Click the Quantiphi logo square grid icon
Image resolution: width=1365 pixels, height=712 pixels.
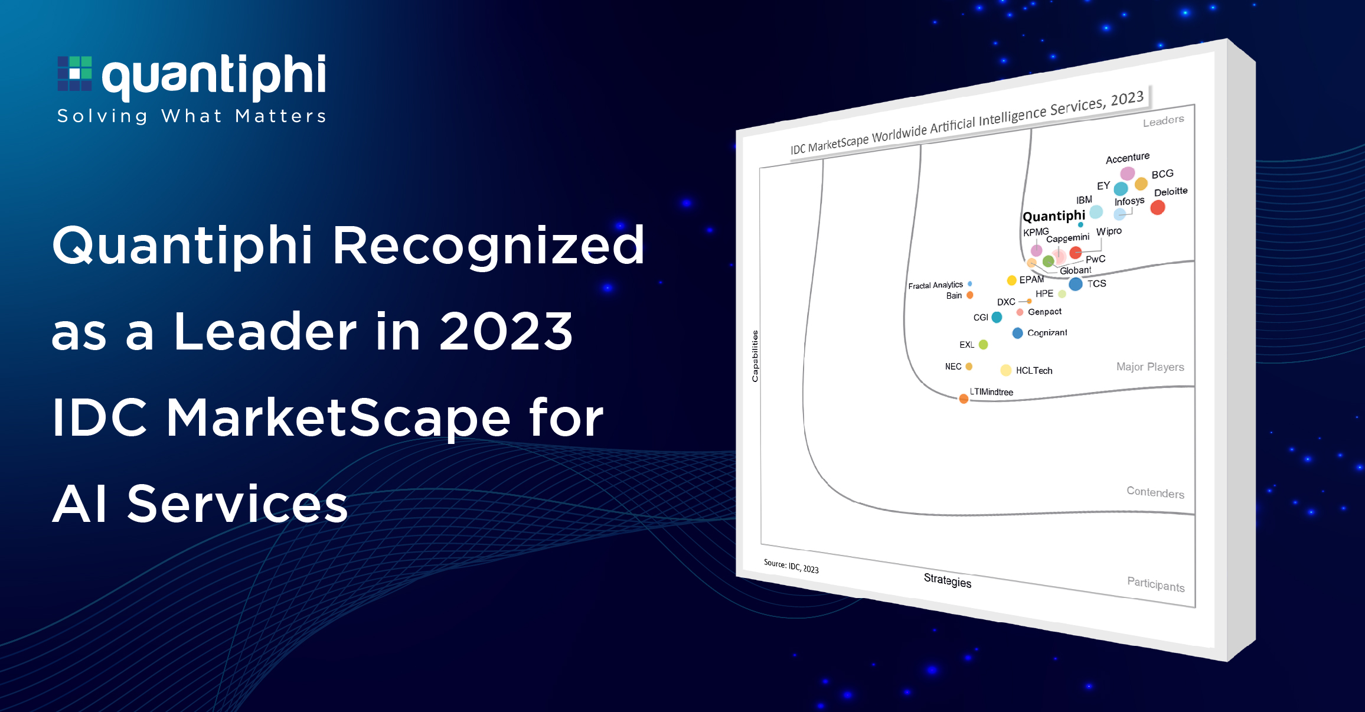coord(74,73)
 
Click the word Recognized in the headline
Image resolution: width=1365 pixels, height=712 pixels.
coord(489,246)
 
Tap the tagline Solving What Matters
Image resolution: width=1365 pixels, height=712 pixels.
coord(192,116)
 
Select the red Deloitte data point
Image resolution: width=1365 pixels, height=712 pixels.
coord(1158,207)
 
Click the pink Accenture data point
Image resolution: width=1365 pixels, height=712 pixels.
coord(1128,173)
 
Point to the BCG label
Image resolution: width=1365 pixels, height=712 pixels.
coord(1162,174)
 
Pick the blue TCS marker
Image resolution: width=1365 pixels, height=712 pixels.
coord(1076,284)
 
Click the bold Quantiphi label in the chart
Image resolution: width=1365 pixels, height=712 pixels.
coord(1054,215)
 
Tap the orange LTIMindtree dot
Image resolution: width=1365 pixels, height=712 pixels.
coord(964,399)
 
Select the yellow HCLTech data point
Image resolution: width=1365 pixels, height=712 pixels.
coord(1006,370)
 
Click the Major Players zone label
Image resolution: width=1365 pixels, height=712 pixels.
coord(1150,367)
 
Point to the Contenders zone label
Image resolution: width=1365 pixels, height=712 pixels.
coord(1155,492)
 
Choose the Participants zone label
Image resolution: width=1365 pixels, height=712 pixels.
coord(1156,584)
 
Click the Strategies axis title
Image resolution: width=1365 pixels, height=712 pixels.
coord(948,580)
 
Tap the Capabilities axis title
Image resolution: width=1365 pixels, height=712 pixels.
coord(755,356)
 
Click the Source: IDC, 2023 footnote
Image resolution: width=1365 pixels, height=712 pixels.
coord(791,566)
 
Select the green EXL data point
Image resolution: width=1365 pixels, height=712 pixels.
coord(983,345)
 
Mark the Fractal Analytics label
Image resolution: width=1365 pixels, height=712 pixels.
coord(936,285)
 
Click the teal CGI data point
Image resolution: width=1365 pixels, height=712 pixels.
coord(997,317)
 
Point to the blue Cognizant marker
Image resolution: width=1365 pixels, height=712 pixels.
coord(1017,333)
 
